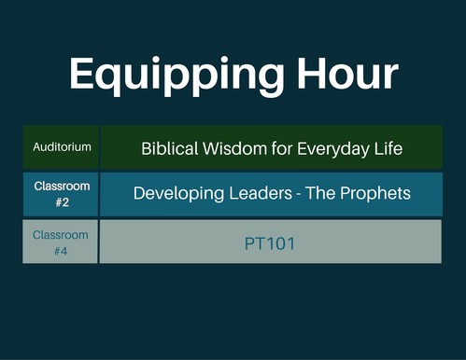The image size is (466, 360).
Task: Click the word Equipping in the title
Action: pyautogui.click(x=177, y=76)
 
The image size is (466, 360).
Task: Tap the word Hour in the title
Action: pyautogui.click(x=347, y=74)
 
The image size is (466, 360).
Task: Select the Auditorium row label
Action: pyautogui.click(x=62, y=146)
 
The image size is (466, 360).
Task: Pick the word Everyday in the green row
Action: pyautogui.click(x=332, y=149)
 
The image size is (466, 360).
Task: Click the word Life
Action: pyautogui.click(x=388, y=148)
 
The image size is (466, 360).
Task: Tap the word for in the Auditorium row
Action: pyautogui.click(x=282, y=148)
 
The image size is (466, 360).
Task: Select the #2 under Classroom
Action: pyautogui.click(x=62, y=202)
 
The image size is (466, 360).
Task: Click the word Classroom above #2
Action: pyautogui.click(x=62, y=187)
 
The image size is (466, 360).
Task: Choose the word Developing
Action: pyautogui.click(x=178, y=194)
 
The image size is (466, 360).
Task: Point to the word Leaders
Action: pyautogui.click(x=261, y=193)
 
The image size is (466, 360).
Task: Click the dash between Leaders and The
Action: pyautogui.click(x=299, y=195)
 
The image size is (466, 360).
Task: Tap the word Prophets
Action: pyautogui.click(x=375, y=194)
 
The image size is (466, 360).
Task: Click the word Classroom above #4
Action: pyautogui.click(x=61, y=235)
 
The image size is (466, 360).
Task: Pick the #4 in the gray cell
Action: pyautogui.click(x=61, y=251)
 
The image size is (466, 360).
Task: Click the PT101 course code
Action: pyautogui.click(x=270, y=243)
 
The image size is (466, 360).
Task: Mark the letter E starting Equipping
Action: pyautogui.click(x=81, y=74)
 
